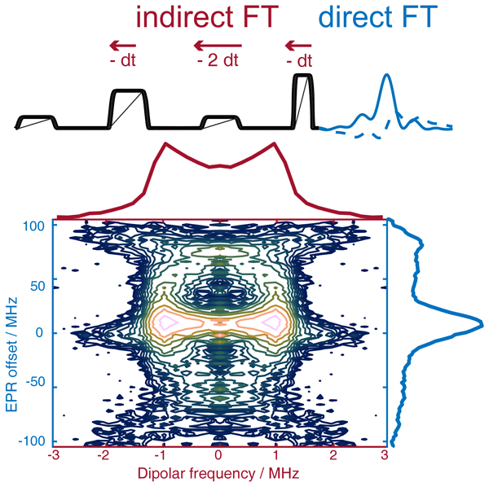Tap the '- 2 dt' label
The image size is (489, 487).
click(214, 60)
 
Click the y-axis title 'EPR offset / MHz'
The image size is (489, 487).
click(12, 332)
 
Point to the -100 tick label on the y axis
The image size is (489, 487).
click(34, 441)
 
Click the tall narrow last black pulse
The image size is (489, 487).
click(302, 100)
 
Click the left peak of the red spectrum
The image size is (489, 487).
click(166, 144)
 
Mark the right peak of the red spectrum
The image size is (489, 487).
click(273, 144)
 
